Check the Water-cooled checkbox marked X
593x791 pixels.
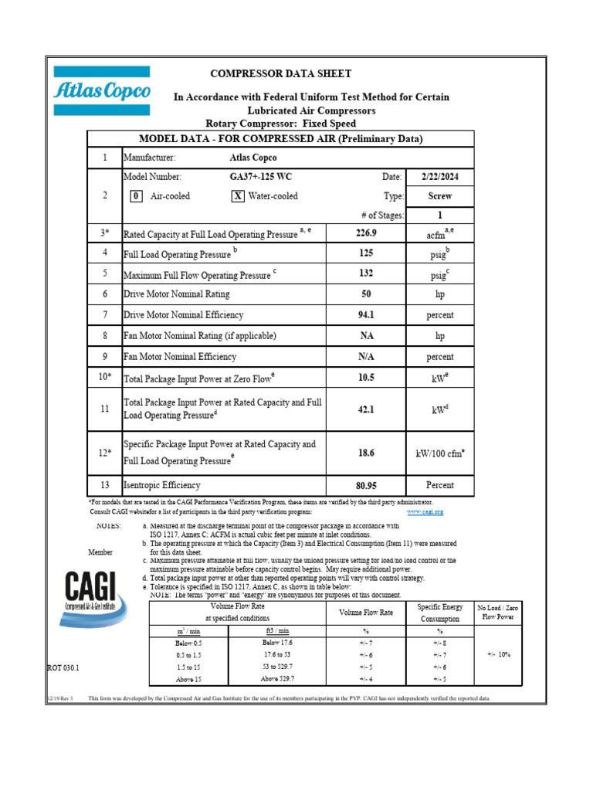238,196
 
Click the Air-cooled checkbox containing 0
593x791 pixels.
135,196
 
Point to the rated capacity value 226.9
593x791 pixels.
366,233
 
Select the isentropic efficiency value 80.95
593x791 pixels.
366,485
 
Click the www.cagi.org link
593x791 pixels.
425,511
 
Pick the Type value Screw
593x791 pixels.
440,196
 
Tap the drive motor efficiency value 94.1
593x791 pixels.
366,315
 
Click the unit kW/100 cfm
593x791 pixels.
440,453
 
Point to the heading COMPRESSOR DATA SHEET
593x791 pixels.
281,74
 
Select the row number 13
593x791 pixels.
104,485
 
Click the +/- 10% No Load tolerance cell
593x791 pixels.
500,654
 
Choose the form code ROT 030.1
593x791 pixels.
63,667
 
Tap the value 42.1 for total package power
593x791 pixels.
366,409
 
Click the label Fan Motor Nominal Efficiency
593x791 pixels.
180,357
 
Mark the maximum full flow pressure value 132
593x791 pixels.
366,273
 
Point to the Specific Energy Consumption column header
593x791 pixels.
439,613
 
